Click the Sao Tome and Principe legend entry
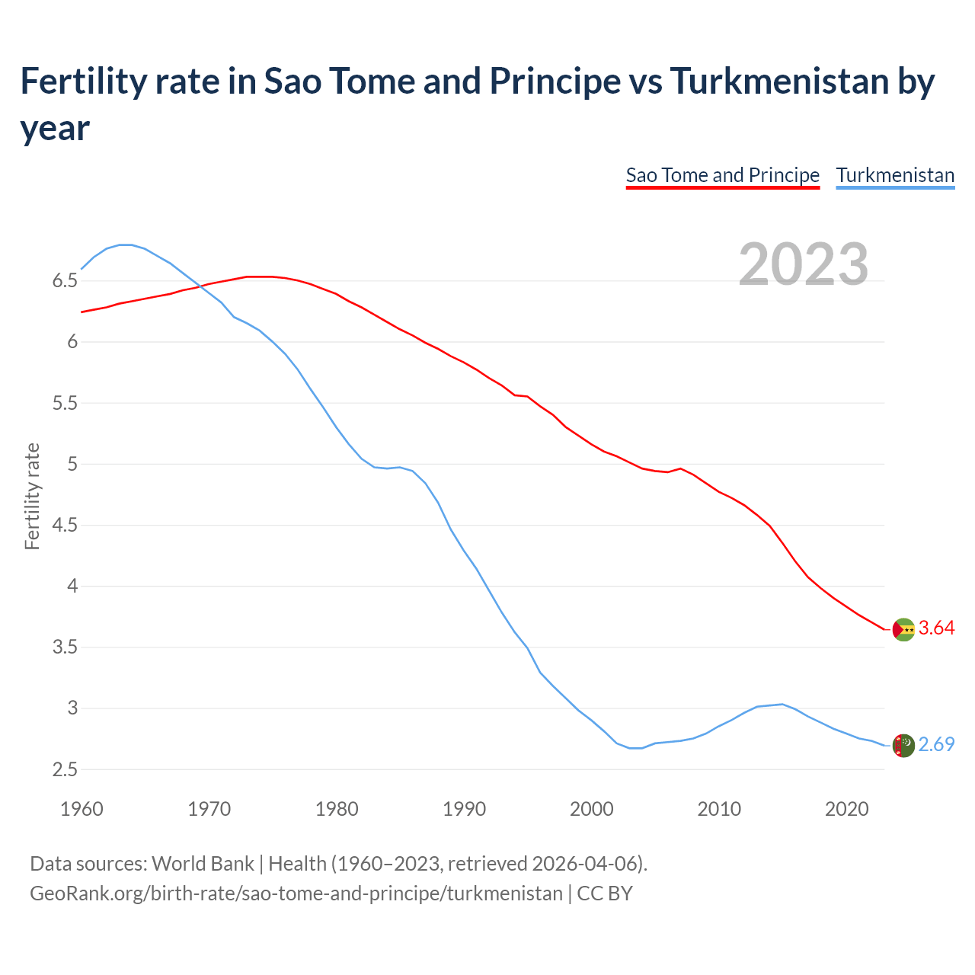(722, 175)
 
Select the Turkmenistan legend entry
(895, 175)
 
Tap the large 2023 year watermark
(804, 264)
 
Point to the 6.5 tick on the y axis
(65, 281)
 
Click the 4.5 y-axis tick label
(65, 526)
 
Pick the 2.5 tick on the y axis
(65, 770)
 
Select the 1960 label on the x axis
(82, 809)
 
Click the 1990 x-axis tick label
(464, 809)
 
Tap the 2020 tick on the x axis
(846, 809)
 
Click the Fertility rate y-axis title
(32, 496)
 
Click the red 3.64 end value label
(936, 628)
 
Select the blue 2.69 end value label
(936, 745)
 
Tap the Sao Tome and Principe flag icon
(903, 629)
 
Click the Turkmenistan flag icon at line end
(903, 746)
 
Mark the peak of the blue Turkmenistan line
(126, 245)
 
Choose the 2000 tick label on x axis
(592, 809)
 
